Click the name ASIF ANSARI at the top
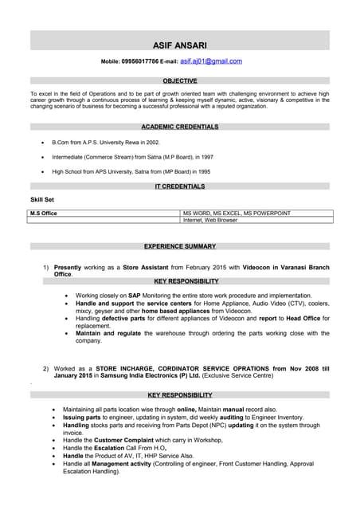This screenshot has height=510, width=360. (179, 45)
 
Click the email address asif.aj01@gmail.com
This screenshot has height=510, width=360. (211, 61)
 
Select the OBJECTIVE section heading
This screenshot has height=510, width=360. (179, 81)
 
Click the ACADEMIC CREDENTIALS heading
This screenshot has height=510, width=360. (179, 127)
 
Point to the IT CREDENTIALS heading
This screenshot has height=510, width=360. (179, 186)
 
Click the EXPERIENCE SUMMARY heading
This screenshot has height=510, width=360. (179, 246)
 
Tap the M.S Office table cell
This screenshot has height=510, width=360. (43, 214)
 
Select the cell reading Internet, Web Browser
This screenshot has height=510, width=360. (210, 220)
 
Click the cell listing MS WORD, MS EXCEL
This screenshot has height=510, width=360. (237, 214)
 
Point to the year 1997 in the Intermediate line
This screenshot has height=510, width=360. (206, 157)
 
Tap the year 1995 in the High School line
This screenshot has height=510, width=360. (205, 171)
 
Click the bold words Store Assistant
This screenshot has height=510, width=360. (144, 267)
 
